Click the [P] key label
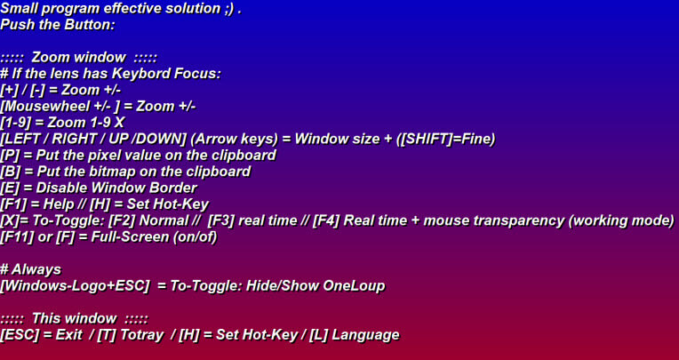(x=10, y=156)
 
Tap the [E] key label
(x=10, y=188)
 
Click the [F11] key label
(x=17, y=237)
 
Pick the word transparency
(x=519, y=221)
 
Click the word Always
(x=36, y=270)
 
